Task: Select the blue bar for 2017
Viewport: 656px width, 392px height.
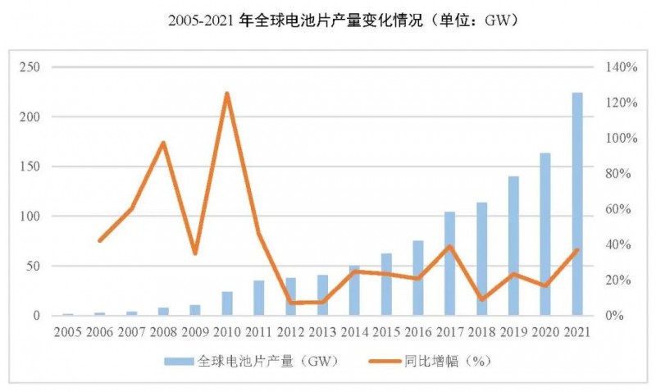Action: point(450,263)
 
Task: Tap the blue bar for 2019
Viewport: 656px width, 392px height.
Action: point(513,245)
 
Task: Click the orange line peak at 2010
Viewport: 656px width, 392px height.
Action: point(227,93)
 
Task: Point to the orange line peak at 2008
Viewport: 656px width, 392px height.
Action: point(163,143)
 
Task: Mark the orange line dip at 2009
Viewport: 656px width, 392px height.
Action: point(195,253)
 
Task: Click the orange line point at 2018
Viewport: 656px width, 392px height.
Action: point(482,299)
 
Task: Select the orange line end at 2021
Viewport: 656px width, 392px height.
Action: point(577,249)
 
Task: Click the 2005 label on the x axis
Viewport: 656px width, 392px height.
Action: point(68,331)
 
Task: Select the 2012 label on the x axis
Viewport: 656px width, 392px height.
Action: point(290,331)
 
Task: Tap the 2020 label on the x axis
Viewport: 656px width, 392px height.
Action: point(545,331)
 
